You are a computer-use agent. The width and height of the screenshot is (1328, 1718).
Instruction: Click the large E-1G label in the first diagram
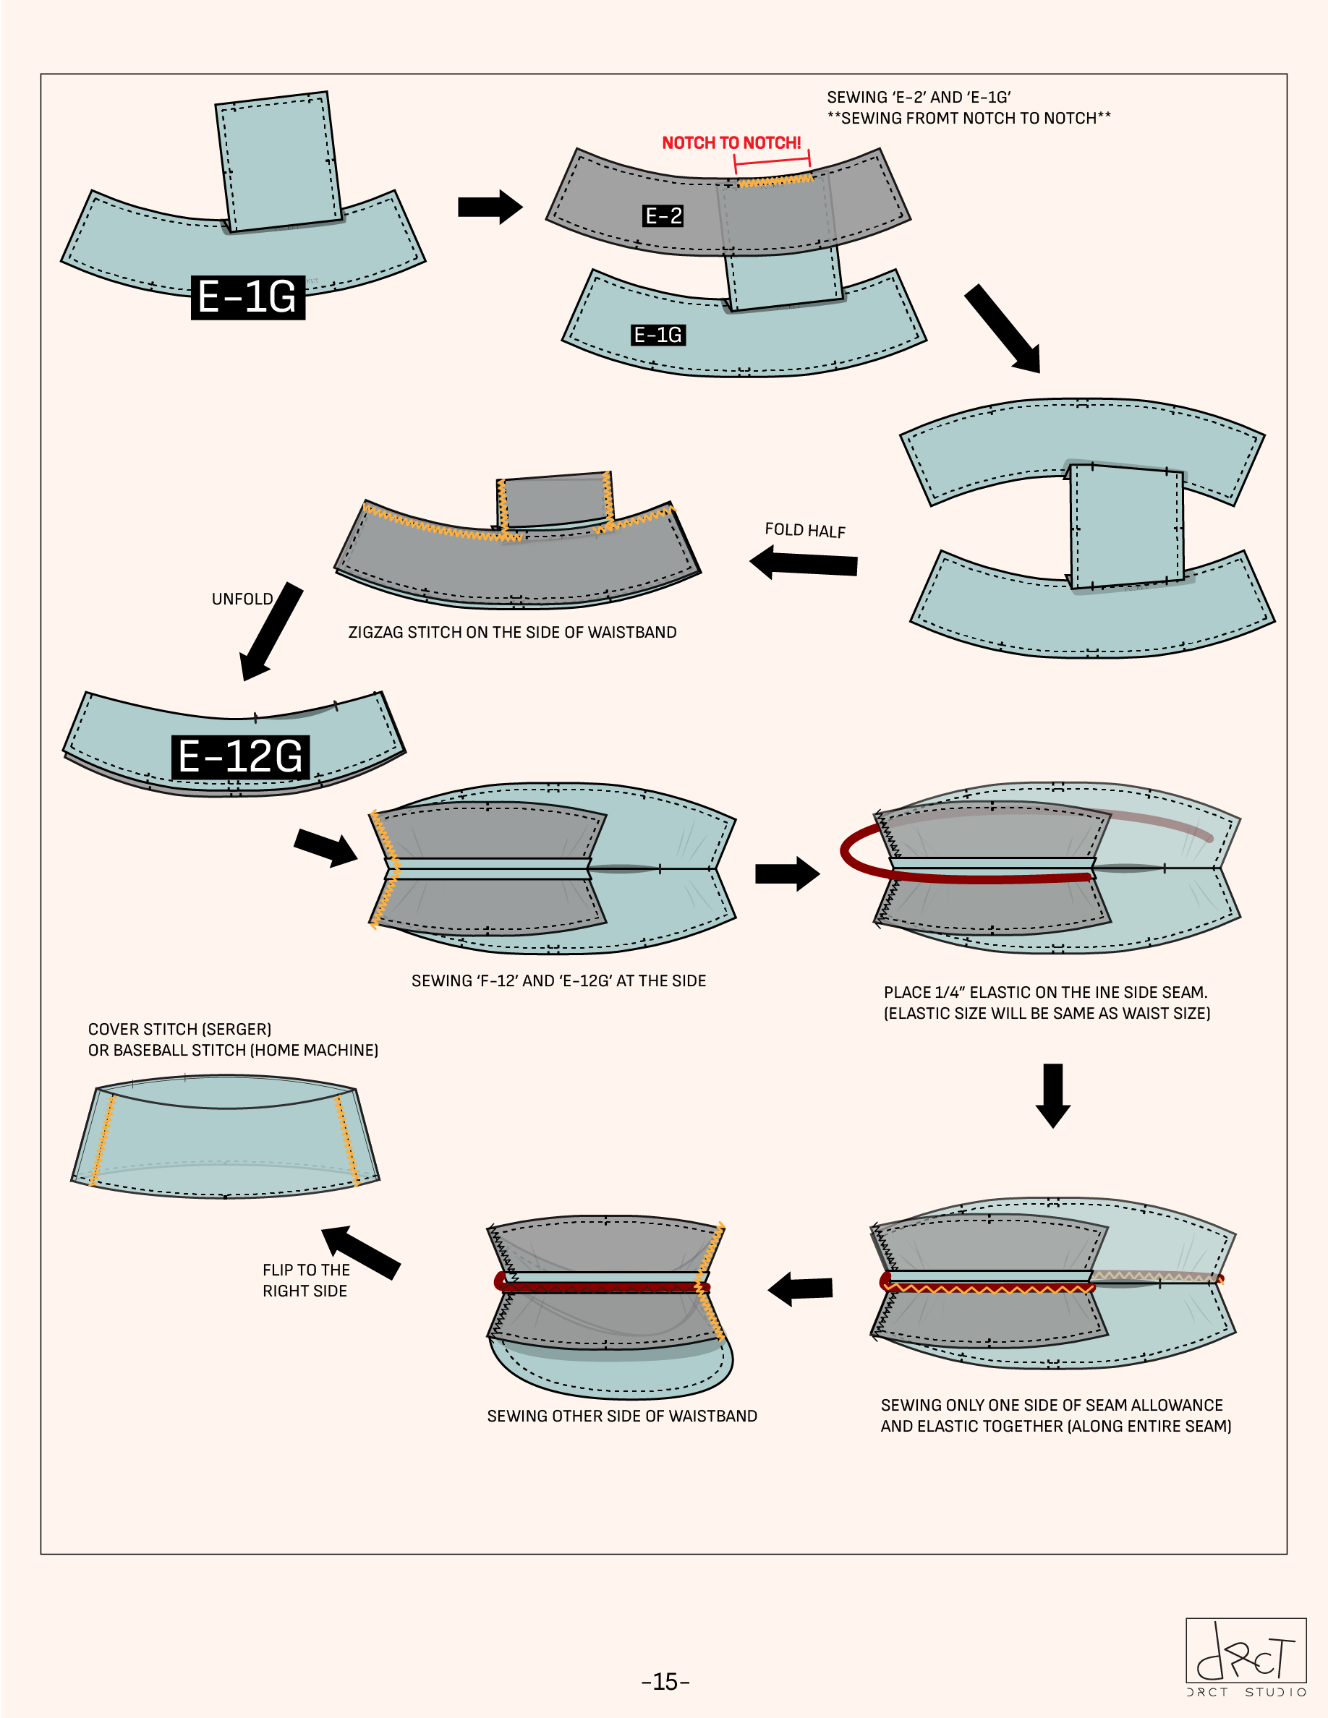(x=248, y=296)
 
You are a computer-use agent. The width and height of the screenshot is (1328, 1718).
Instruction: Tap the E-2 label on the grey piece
(x=663, y=215)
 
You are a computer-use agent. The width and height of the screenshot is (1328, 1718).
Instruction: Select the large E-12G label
(x=240, y=757)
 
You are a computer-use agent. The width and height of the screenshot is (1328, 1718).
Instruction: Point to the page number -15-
(x=665, y=1681)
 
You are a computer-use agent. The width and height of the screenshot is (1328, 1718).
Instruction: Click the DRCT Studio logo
(x=1246, y=1656)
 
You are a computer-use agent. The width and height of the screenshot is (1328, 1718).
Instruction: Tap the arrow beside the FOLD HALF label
(x=804, y=563)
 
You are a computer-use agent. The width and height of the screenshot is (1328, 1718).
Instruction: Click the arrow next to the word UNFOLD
(x=270, y=631)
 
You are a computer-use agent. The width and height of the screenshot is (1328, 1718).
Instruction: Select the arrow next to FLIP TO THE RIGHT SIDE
(x=361, y=1252)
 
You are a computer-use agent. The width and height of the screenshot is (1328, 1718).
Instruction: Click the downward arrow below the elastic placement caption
(x=1052, y=1095)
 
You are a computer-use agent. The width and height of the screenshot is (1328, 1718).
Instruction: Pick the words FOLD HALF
(x=805, y=530)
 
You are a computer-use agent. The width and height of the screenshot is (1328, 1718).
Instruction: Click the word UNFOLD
(x=242, y=599)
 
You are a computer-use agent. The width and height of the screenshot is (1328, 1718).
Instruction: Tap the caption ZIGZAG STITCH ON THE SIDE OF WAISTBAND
(x=512, y=633)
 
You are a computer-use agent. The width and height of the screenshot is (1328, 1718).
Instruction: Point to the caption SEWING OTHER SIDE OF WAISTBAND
(x=621, y=1416)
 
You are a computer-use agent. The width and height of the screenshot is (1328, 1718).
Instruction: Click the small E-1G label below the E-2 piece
(x=658, y=335)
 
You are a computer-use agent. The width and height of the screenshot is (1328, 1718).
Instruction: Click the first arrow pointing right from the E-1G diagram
(x=490, y=207)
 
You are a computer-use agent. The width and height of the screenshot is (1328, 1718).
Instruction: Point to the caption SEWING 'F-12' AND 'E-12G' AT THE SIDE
(x=558, y=981)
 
